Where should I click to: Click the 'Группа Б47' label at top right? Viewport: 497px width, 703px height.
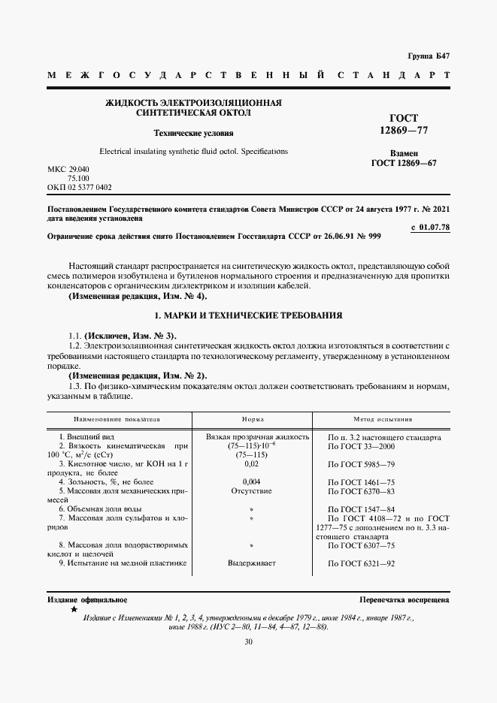click(x=429, y=56)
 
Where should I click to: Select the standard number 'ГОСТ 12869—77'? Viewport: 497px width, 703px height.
click(x=405, y=124)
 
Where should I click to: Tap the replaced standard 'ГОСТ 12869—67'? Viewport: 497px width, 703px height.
click(x=405, y=163)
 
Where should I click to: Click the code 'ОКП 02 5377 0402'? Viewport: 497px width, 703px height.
click(x=80, y=187)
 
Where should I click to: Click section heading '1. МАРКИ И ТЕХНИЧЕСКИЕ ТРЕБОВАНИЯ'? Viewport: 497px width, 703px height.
click(x=248, y=316)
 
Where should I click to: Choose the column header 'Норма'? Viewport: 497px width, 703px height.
click(x=252, y=419)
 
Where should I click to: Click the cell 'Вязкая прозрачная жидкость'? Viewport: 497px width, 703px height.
click(x=257, y=436)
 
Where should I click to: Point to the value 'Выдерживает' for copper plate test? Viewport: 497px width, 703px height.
click(x=252, y=563)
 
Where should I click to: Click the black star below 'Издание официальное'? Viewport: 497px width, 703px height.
click(x=73, y=610)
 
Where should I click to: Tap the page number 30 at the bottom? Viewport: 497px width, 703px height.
click(x=248, y=641)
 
